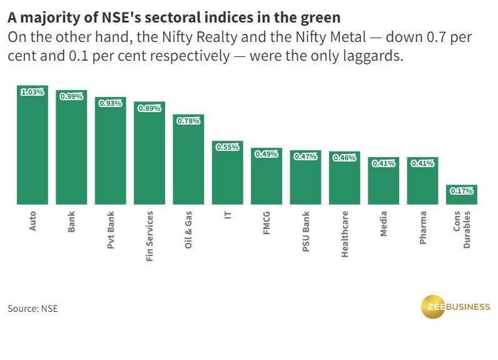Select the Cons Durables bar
point(462,195)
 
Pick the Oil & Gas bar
point(188,162)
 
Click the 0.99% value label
point(71,96)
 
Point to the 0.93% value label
point(111,103)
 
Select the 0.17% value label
point(462,191)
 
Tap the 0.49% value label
point(267,154)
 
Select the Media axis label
point(384,224)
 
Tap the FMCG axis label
point(267,223)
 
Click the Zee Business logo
point(455,306)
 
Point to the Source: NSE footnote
point(33,309)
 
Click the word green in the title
point(319,17)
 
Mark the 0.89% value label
point(150,108)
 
